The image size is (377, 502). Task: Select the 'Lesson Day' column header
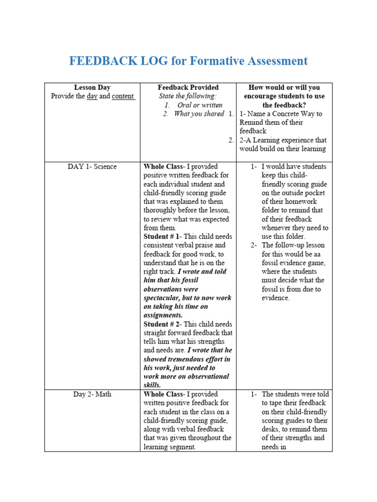[92, 87]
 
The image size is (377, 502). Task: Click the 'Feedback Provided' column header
[188, 87]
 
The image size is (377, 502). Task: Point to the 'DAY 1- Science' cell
[92, 167]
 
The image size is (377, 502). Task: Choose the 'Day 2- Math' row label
[92, 394]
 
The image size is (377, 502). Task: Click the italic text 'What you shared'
[199, 114]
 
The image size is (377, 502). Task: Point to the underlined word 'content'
[123, 96]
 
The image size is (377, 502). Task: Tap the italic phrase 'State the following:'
[188, 96]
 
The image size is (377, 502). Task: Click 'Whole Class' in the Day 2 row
[163, 394]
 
